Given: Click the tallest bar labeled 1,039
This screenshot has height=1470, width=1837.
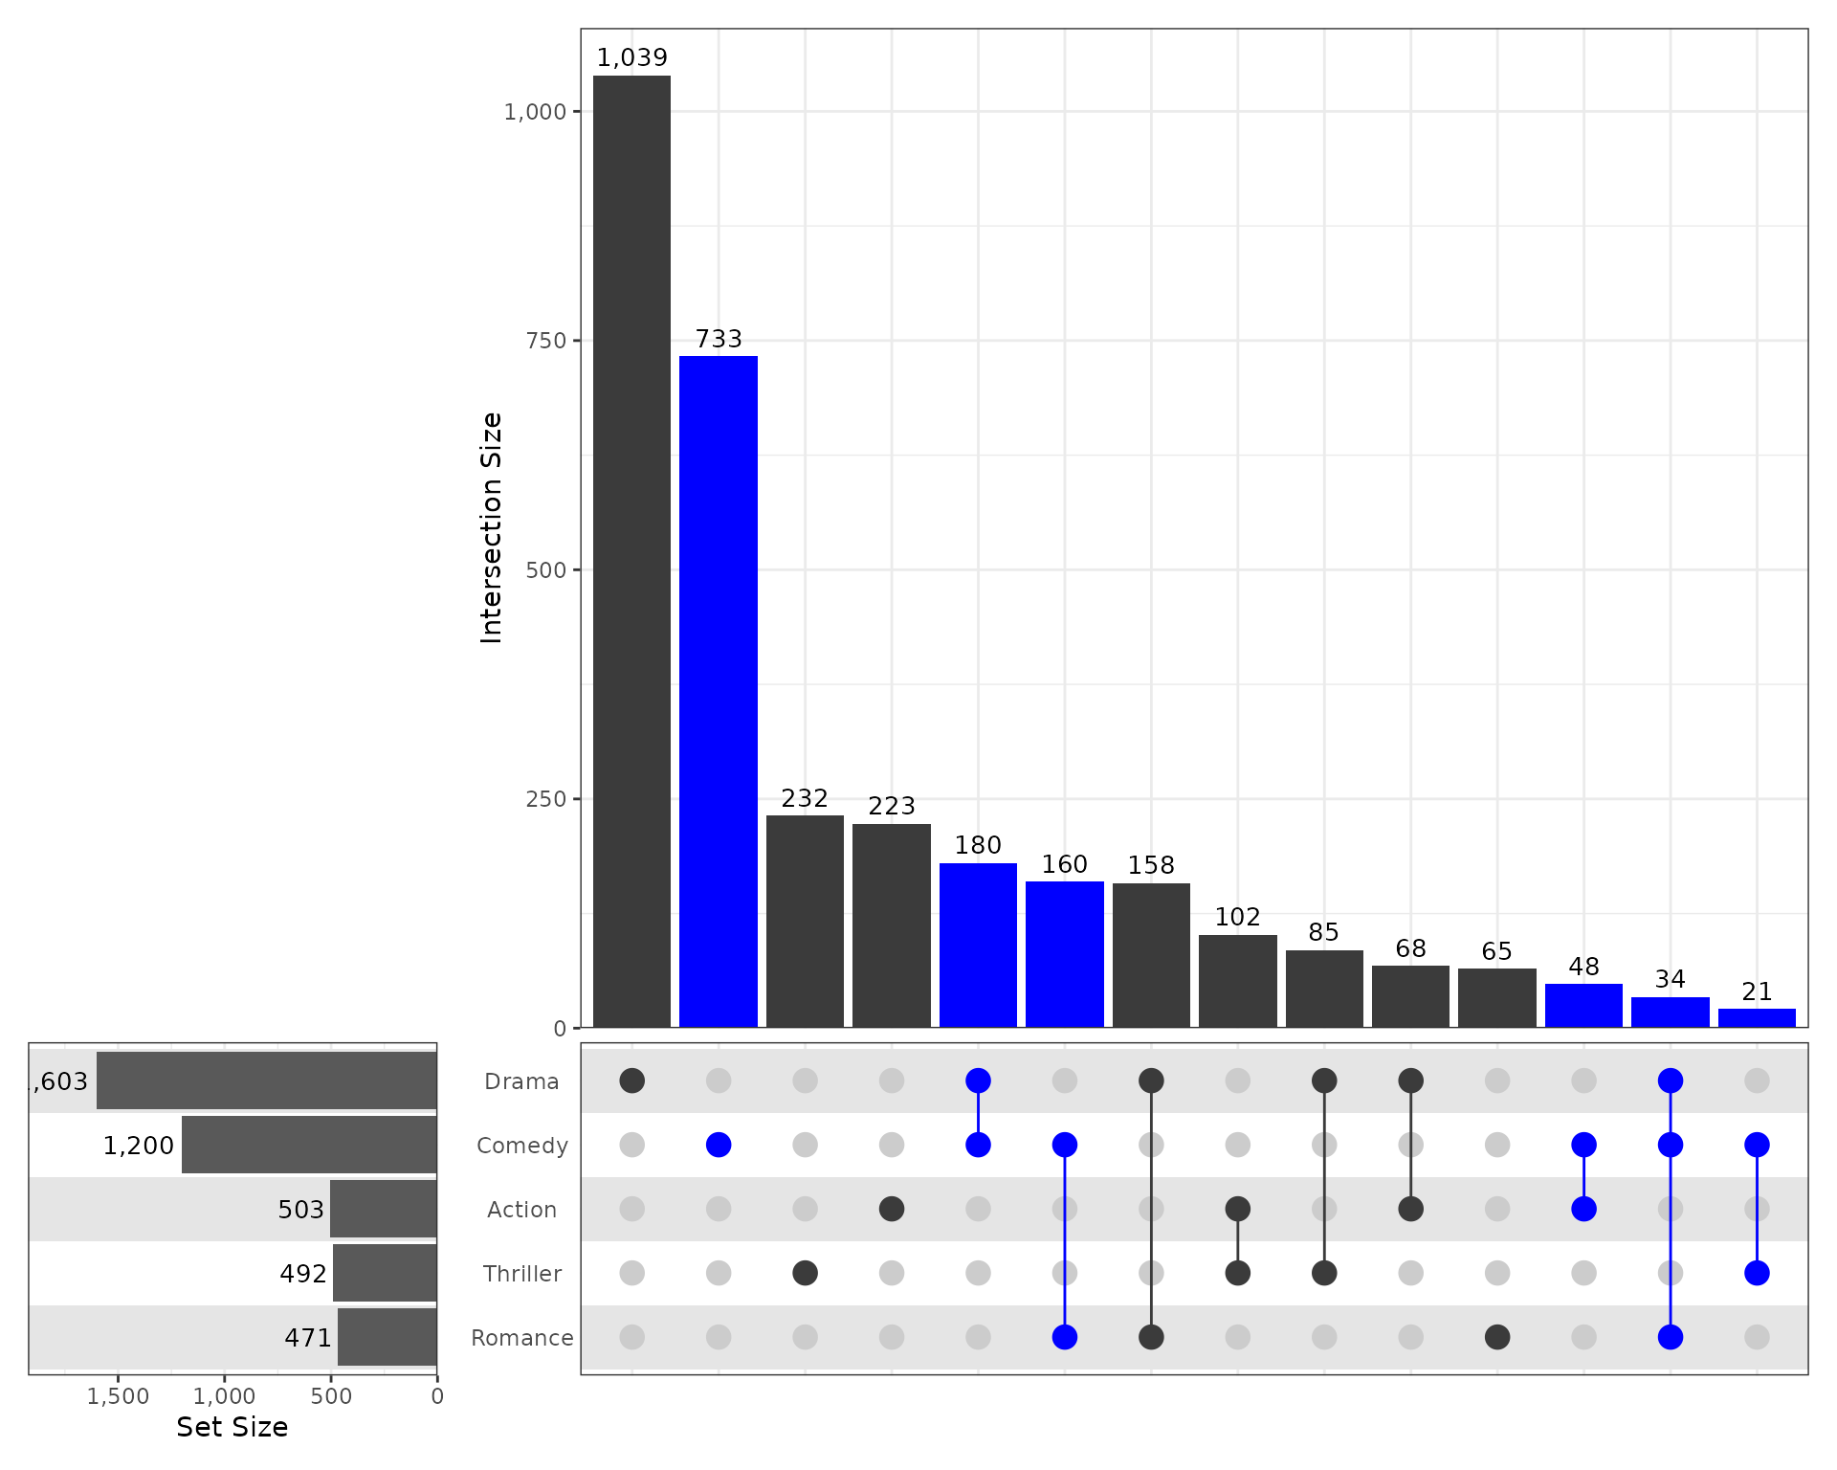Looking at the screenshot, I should click(x=631, y=551).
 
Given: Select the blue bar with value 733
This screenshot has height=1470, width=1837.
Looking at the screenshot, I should click(x=719, y=691).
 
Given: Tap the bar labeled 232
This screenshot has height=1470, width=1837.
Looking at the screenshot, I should click(x=805, y=921).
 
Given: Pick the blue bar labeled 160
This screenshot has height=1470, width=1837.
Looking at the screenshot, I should click(x=1065, y=954).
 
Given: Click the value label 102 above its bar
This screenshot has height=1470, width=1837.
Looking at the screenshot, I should click(x=1237, y=917).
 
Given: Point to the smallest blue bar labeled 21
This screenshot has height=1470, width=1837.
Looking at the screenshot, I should click(x=1757, y=1018).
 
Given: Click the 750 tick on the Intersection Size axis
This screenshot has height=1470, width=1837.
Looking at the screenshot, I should click(x=546, y=341).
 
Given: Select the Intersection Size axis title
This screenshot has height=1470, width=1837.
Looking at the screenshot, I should click(x=492, y=527).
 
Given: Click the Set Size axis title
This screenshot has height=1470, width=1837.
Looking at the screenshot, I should click(x=232, y=1427).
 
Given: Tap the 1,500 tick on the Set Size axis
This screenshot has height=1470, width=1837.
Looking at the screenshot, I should click(x=119, y=1396).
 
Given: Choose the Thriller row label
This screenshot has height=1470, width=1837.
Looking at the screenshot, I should click(x=522, y=1274).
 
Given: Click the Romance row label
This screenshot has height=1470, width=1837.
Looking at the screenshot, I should click(x=522, y=1338).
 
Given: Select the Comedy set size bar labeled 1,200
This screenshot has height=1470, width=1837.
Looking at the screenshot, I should click(x=309, y=1145).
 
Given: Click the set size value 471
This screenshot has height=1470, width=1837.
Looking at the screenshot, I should click(x=308, y=1338).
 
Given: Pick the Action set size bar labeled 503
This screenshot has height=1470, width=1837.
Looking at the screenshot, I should click(x=384, y=1209).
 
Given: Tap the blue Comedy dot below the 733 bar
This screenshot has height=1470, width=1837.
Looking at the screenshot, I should click(x=719, y=1145).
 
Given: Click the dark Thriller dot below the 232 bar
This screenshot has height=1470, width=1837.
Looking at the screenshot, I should click(x=805, y=1273).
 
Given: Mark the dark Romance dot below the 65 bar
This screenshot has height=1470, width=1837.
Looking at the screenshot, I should click(x=1497, y=1337).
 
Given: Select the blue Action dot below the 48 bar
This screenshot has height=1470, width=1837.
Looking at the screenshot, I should click(x=1583, y=1209).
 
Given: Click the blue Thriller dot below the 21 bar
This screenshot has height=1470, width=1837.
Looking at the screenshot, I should click(x=1757, y=1273).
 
